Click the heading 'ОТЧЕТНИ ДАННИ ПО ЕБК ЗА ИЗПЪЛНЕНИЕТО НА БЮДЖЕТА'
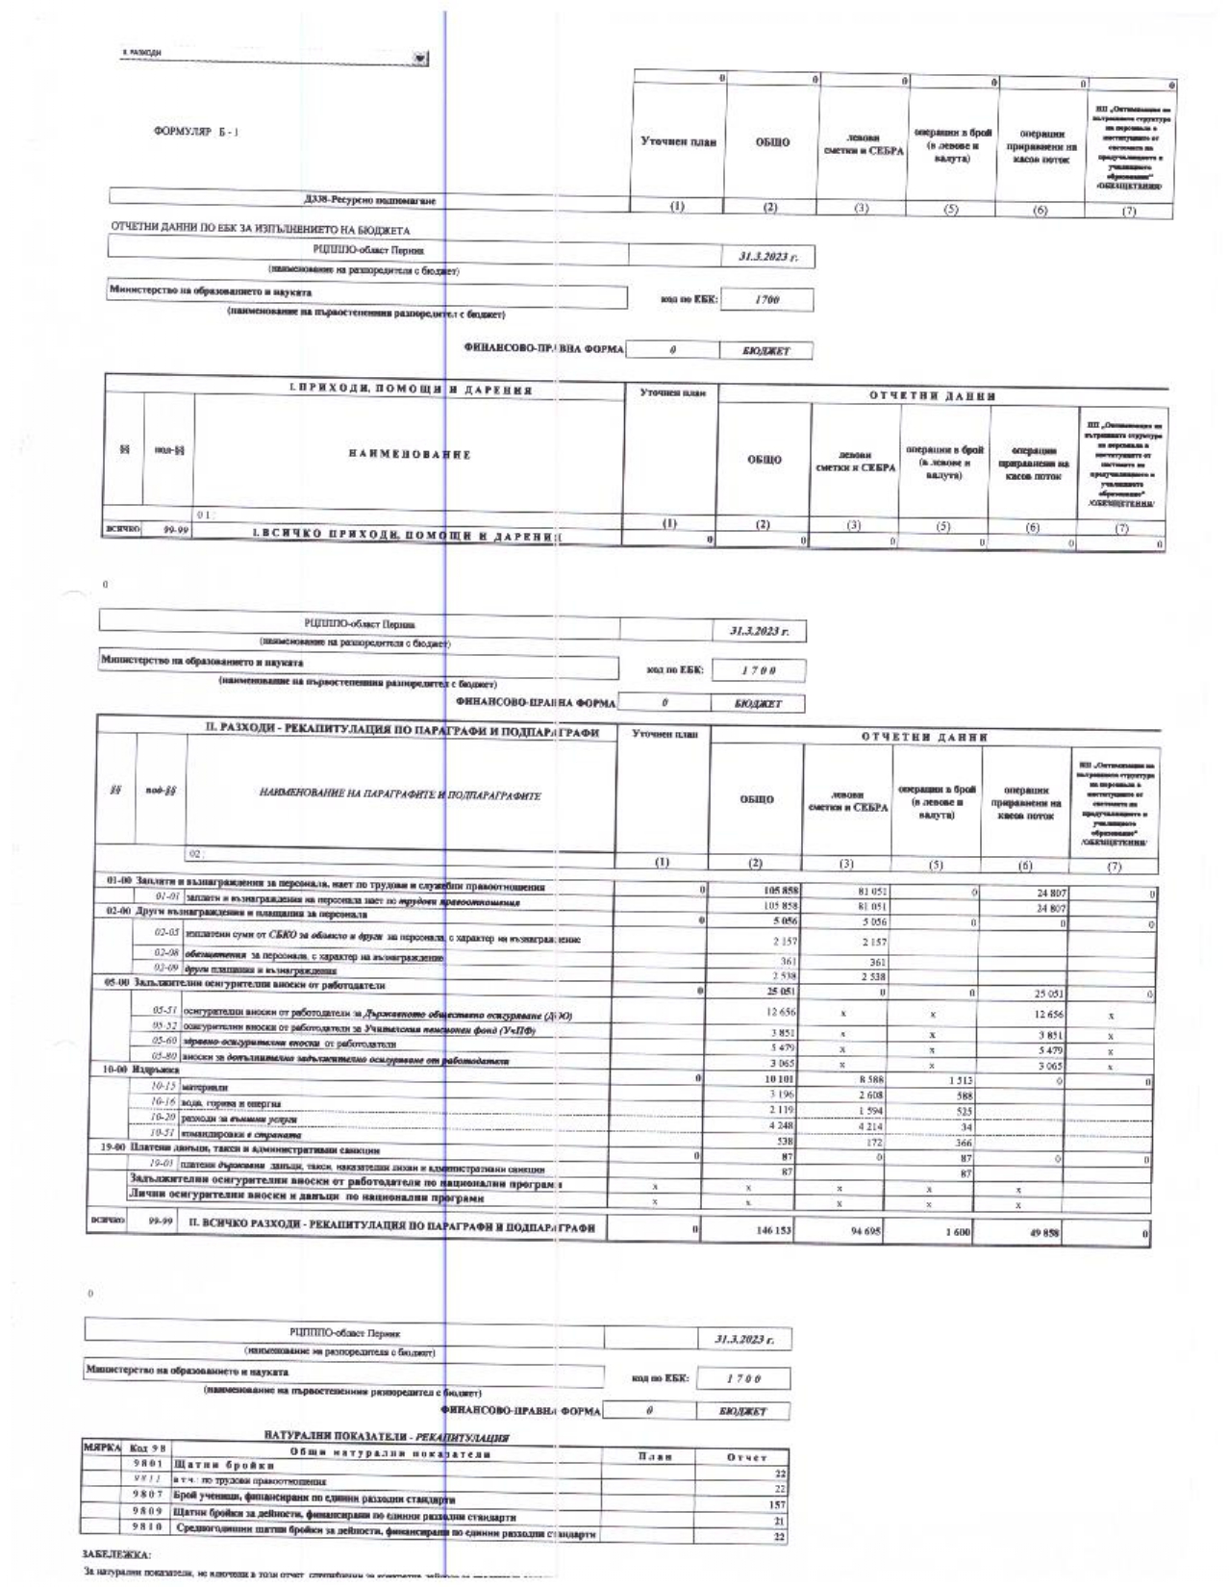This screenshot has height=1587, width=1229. point(261,230)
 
